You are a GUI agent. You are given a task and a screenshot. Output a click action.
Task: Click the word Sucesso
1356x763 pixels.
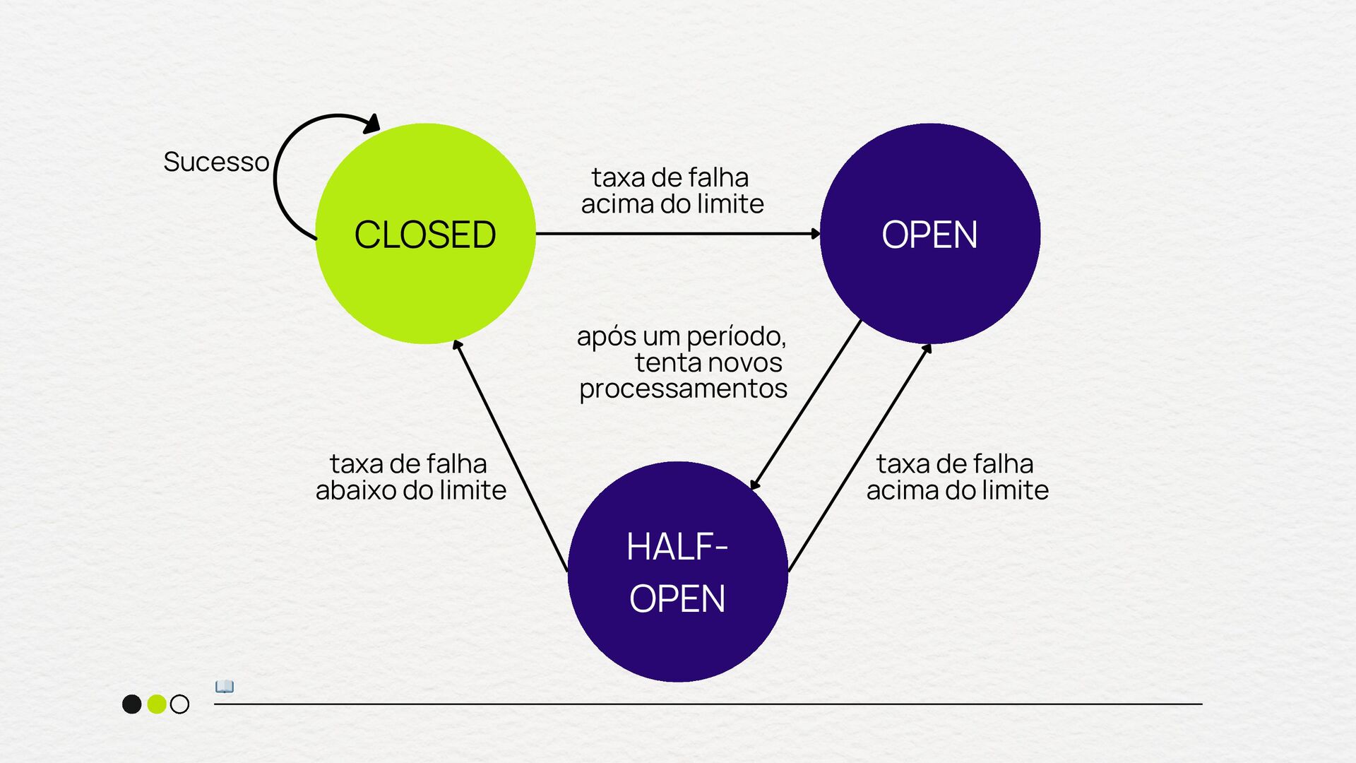click(x=216, y=162)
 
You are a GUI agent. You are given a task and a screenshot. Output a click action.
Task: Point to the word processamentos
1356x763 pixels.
click(x=683, y=389)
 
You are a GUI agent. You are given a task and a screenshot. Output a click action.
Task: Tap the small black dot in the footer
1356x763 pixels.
click(x=132, y=704)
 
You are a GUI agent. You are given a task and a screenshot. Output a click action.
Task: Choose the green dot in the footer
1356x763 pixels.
click(x=157, y=704)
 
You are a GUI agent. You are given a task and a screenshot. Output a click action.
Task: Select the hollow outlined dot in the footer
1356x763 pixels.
click(x=180, y=704)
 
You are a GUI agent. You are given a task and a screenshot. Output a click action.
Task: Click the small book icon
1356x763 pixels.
click(x=225, y=687)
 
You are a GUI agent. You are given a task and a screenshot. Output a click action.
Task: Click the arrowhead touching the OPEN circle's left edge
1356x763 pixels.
click(x=815, y=233)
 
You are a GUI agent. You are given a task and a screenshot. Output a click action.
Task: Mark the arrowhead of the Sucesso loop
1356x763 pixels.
click(x=372, y=124)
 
